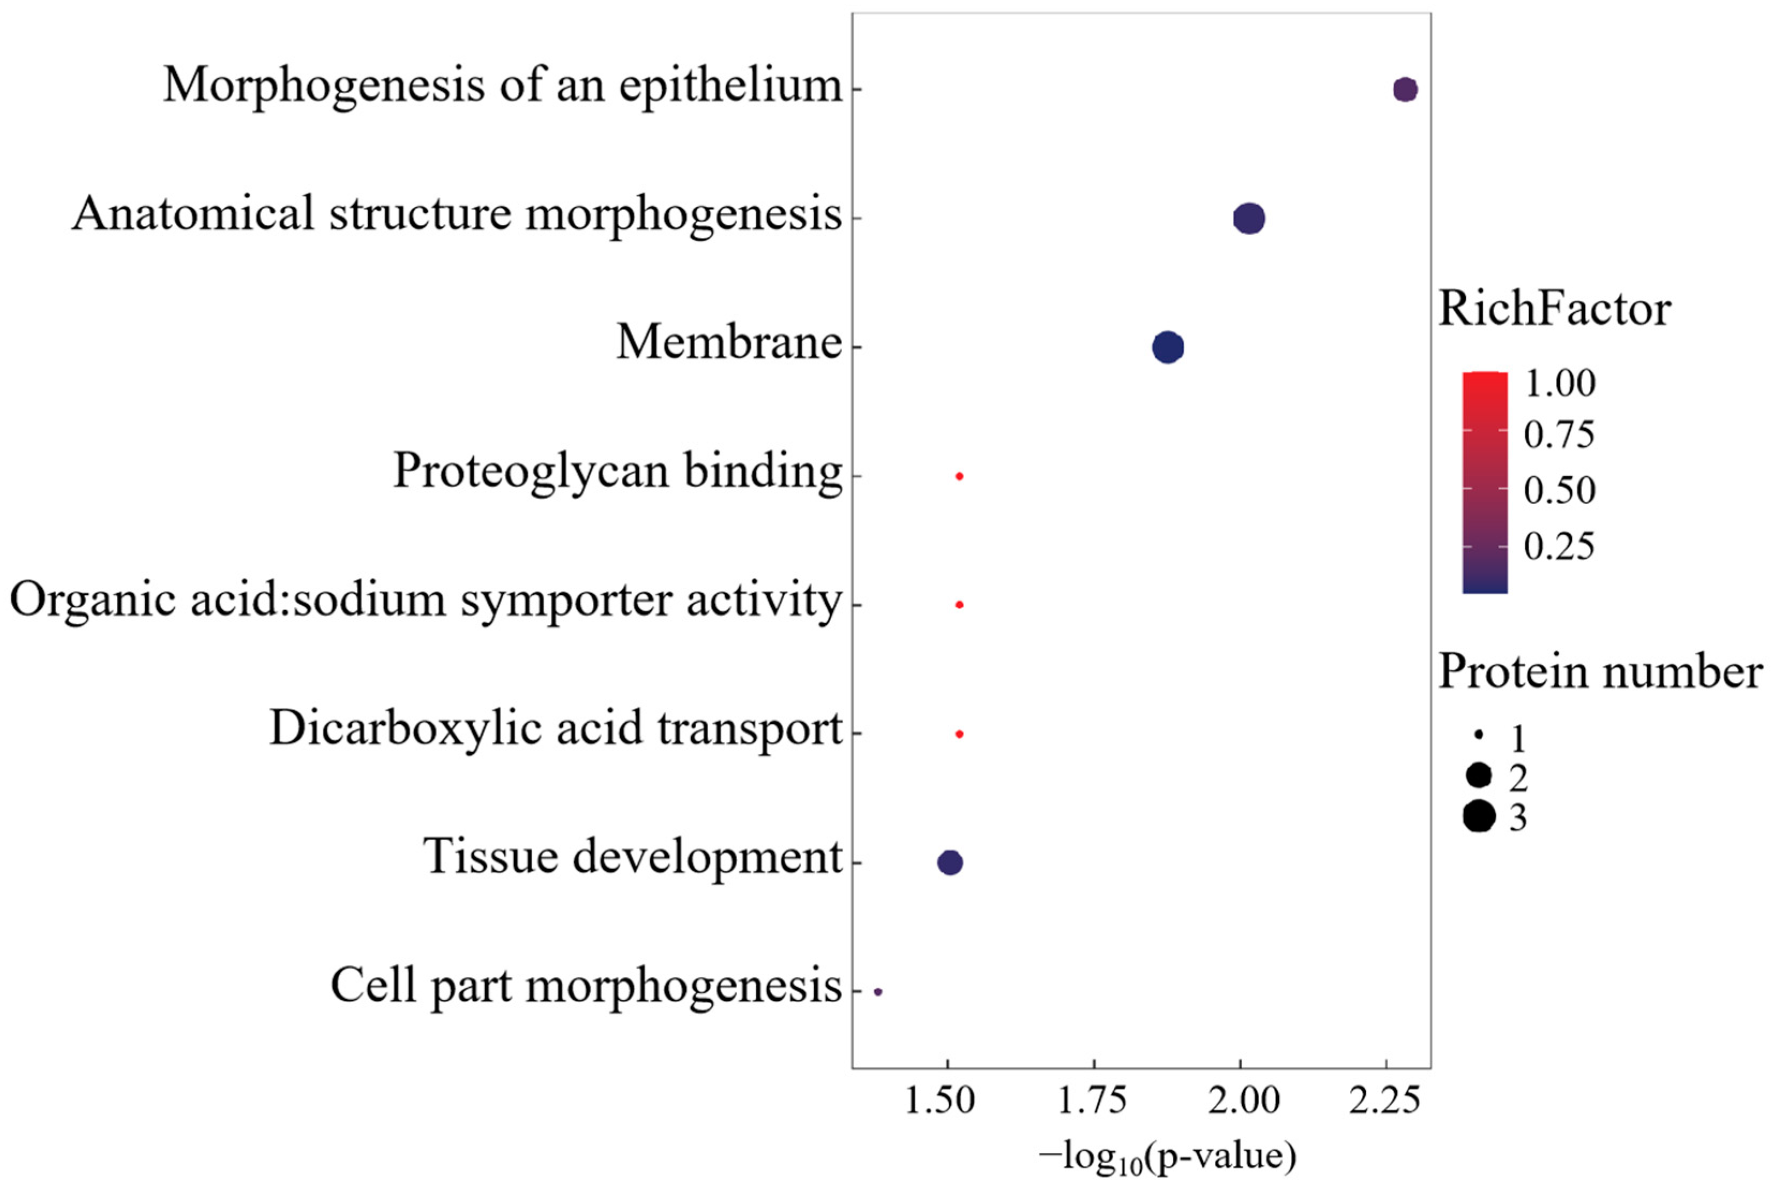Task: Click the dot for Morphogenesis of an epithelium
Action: [x=1405, y=89]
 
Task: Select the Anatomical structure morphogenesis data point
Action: [x=1249, y=219]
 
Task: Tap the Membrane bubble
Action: [x=1168, y=348]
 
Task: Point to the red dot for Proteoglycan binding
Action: [x=959, y=476]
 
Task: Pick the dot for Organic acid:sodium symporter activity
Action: [x=959, y=605]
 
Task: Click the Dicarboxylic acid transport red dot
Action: [x=959, y=734]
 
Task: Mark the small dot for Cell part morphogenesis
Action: [x=878, y=991]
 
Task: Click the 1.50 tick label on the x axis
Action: [x=940, y=1100]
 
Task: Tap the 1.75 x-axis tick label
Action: [x=1092, y=1100]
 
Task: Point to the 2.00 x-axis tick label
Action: [x=1244, y=1100]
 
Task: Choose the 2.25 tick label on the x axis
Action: [x=1384, y=1100]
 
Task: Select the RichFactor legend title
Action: [x=1554, y=309]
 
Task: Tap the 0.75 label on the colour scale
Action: [x=1559, y=435]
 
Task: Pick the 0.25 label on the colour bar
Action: [x=1559, y=545]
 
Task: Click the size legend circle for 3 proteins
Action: [x=1479, y=817]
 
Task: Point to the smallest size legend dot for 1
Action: [x=1479, y=735]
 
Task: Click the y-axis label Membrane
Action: [x=728, y=342]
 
